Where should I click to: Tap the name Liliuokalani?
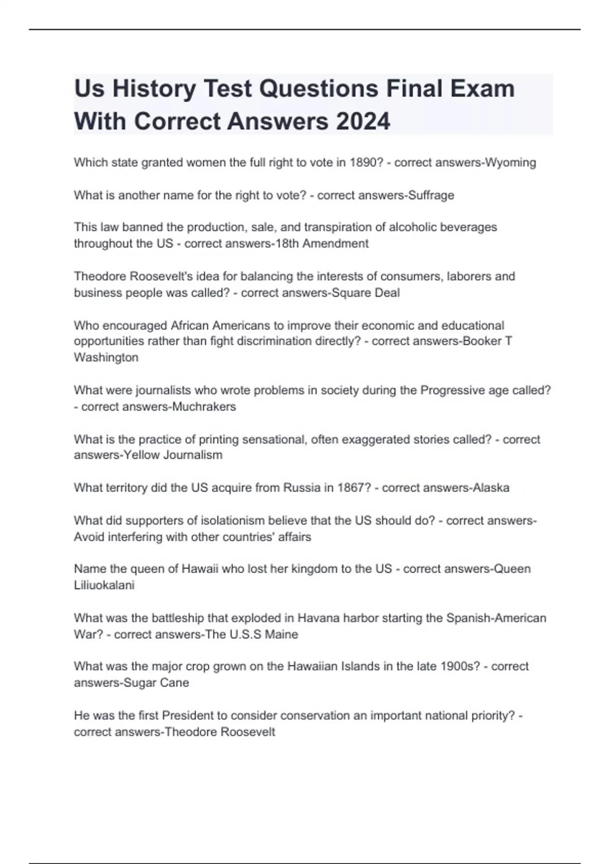click(104, 585)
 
